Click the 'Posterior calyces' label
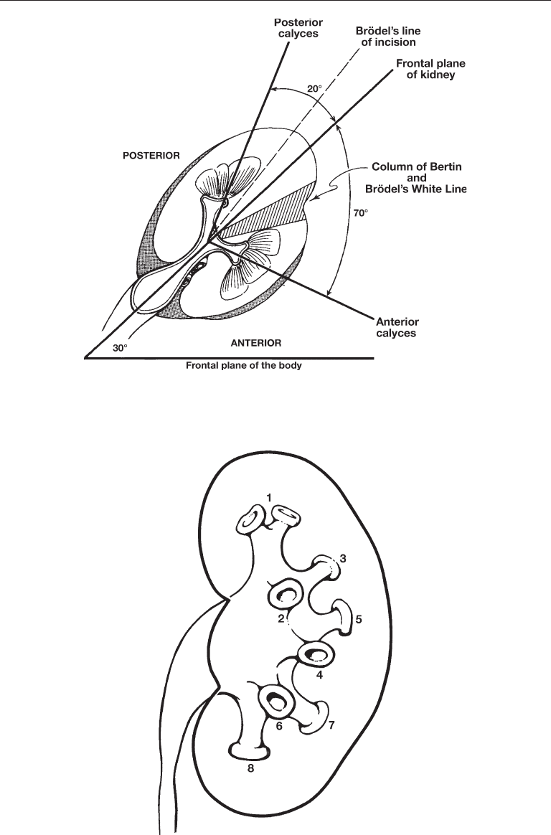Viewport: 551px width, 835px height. point(298,28)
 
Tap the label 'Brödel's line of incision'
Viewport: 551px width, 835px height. point(388,36)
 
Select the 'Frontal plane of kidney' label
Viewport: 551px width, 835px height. point(430,70)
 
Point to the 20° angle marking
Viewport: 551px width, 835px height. point(315,89)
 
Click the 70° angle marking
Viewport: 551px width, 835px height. point(360,213)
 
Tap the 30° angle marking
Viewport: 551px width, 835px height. point(120,348)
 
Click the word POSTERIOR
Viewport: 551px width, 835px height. point(151,156)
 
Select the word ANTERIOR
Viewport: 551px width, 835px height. point(256,343)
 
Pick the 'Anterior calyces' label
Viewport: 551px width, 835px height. point(397,328)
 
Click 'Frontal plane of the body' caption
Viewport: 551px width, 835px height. point(243,366)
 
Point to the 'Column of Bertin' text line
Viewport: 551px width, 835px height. point(416,166)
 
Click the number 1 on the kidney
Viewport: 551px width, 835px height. point(269,497)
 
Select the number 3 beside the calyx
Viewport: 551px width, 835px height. point(343,559)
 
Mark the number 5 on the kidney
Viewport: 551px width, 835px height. point(359,619)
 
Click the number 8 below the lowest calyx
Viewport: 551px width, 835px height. point(250,768)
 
